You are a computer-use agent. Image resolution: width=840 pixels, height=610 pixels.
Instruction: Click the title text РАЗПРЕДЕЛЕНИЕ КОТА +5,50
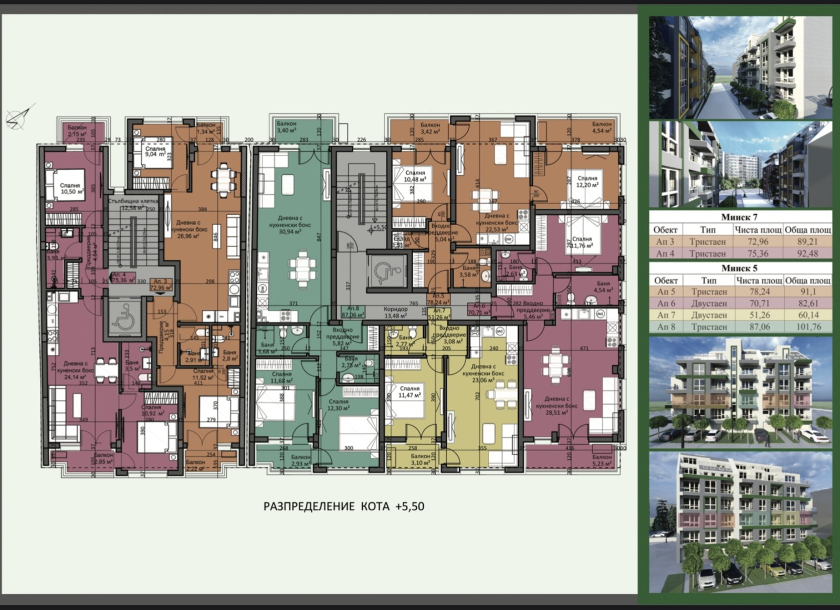[x=343, y=507]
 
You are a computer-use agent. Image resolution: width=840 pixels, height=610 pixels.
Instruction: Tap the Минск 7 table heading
[x=739, y=217]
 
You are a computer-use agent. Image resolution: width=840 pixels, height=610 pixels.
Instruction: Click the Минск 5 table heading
[x=739, y=268]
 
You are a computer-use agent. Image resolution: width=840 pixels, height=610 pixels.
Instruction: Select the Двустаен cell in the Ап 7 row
[x=708, y=315]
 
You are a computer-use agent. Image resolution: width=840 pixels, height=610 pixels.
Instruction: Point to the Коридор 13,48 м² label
[x=395, y=312]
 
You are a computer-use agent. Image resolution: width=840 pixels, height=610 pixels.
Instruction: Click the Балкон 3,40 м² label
[x=287, y=127]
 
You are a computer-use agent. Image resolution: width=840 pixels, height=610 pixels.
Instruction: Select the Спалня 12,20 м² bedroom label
[x=587, y=182]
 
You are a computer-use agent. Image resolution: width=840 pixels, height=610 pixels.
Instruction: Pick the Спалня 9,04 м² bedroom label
[x=155, y=152]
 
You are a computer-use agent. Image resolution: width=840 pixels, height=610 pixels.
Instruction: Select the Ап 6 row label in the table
[x=665, y=303]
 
